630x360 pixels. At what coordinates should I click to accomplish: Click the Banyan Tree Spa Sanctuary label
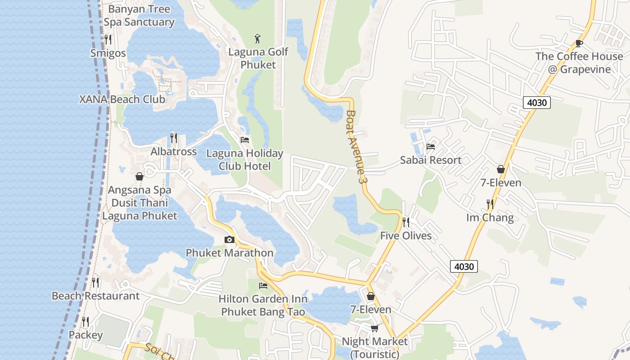(x=139, y=15)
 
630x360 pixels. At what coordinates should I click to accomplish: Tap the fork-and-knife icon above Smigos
(x=108, y=40)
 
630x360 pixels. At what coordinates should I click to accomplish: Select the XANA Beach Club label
(x=122, y=99)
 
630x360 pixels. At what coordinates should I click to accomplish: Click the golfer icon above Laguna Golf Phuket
(x=257, y=39)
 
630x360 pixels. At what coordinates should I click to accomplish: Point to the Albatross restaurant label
(x=174, y=152)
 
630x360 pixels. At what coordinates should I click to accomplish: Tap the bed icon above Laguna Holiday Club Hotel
(x=245, y=140)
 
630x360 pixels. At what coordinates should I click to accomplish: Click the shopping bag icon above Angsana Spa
(x=139, y=176)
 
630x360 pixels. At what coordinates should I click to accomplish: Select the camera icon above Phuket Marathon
(x=229, y=240)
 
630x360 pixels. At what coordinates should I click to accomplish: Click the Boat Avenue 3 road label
(x=355, y=147)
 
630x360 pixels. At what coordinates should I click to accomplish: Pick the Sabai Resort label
(x=431, y=160)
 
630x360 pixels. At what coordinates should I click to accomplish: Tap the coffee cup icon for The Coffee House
(x=579, y=43)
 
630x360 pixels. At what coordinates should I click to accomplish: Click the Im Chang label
(x=490, y=218)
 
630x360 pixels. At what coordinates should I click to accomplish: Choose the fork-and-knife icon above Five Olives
(x=405, y=222)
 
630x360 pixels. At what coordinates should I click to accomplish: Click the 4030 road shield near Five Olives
(x=464, y=266)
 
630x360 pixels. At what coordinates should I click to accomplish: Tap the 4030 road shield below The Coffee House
(x=537, y=103)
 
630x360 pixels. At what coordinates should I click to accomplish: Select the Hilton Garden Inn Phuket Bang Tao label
(x=263, y=305)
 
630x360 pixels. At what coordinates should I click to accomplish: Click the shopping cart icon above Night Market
(x=374, y=328)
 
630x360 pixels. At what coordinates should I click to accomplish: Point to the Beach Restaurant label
(x=95, y=296)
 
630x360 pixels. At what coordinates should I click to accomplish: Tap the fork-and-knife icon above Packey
(x=85, y=322)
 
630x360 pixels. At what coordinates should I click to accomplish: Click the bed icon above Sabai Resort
(x=431, y=146)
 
